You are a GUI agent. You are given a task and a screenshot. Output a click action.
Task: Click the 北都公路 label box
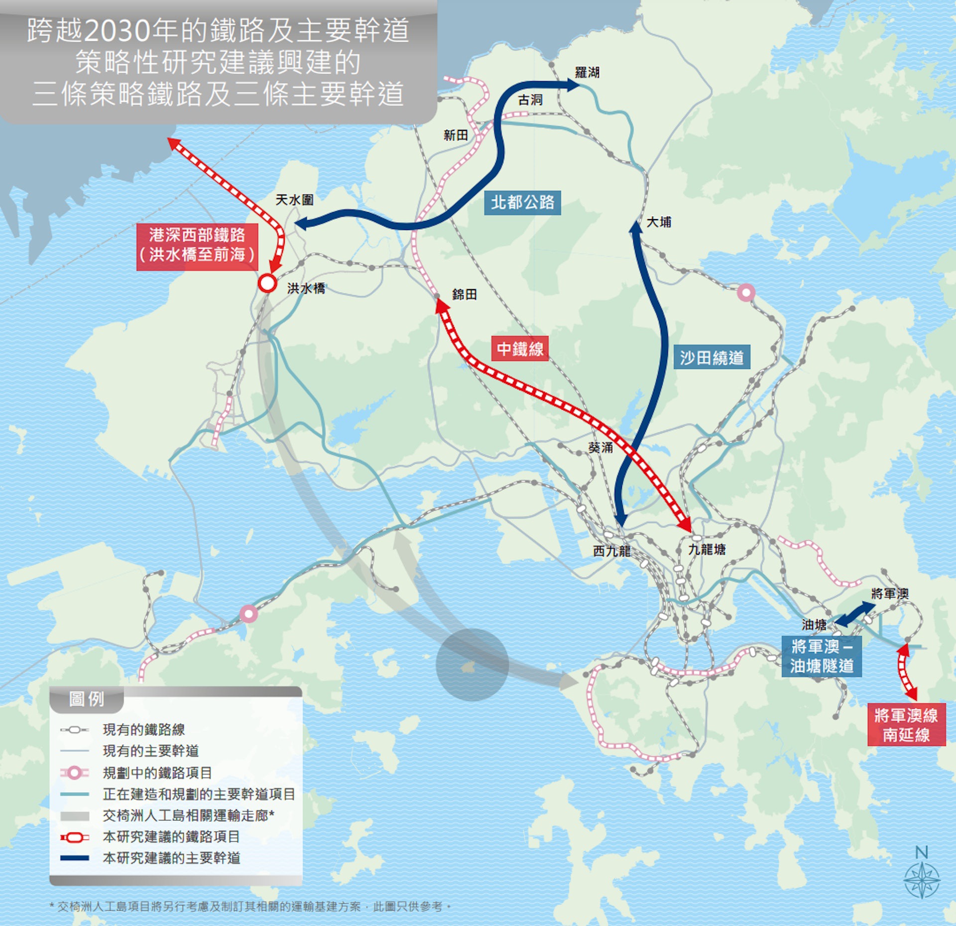point(522,203)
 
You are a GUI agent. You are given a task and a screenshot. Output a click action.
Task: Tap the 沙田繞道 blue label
point(712,357)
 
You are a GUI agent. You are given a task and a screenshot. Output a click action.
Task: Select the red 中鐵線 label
point(520,348)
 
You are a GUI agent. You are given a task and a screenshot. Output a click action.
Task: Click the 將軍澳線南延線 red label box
point(906,725)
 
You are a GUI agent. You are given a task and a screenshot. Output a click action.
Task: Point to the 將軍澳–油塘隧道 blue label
point(821,656)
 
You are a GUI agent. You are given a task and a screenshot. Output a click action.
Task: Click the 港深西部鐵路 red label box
point(197,245)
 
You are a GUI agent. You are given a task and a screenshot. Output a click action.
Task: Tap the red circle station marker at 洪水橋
point(267,283)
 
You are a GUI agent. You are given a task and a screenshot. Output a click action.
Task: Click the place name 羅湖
point(587,73)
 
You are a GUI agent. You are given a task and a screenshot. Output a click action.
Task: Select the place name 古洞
point(530,100)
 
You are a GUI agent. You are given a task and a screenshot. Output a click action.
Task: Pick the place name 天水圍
point(294,200)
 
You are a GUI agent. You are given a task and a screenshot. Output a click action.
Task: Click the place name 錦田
point(464,295)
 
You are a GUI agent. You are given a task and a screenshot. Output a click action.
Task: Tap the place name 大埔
point(658,222)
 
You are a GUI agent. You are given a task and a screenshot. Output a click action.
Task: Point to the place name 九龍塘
point(707,550)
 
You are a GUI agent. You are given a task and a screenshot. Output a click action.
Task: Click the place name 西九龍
point(611,551)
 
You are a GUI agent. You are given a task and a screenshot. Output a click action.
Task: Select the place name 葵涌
point(600,448)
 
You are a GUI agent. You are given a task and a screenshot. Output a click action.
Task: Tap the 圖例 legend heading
point(87,699)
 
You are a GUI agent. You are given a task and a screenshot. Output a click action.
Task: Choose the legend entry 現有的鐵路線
point(143,730)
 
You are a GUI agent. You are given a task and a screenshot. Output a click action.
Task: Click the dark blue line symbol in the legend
point(75,858)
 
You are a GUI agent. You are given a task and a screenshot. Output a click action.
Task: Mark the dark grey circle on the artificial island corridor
point(472,665)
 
